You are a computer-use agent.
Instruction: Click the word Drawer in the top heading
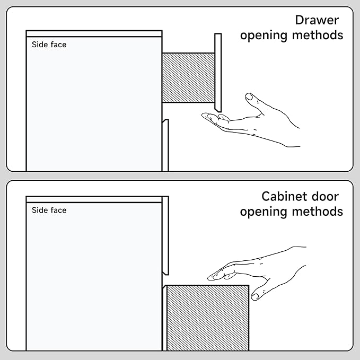click(x=317, y=20)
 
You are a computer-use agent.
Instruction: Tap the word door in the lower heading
click(x=325, y=197)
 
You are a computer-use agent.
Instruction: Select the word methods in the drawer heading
click(x=318, y=35)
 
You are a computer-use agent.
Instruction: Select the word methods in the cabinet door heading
click(x=318, y=211)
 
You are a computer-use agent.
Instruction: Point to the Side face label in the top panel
click(x=49, y=45)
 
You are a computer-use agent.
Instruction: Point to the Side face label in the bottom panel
click(x=49, y=210)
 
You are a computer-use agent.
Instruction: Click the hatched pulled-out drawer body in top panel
click(x=189, y=77)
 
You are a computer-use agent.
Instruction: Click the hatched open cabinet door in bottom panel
click(x=207, y=318)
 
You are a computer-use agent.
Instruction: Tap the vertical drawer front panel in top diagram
click(x=218, y=73)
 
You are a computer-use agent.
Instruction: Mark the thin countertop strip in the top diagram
click(x=94, y=33)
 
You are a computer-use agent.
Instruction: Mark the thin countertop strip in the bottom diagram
click(x=94, y=199)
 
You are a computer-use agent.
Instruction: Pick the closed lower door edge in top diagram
click(x=165, y=145)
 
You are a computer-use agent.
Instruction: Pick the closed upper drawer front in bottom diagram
click(x=165, y=235)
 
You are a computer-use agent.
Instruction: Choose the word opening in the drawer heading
click(x=264, y=36)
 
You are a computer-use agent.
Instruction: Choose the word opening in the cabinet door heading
click(x=264, y=212)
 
